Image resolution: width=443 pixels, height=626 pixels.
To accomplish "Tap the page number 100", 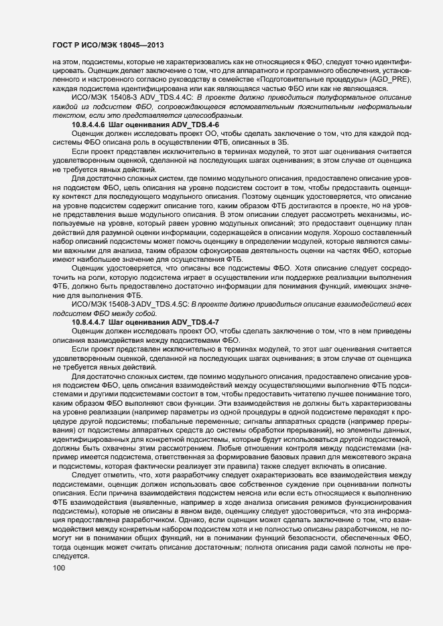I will (59, 568).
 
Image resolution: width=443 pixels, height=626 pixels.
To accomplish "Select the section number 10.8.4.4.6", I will (93, 126).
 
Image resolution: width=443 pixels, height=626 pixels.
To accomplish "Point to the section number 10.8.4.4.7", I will (93, 323).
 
